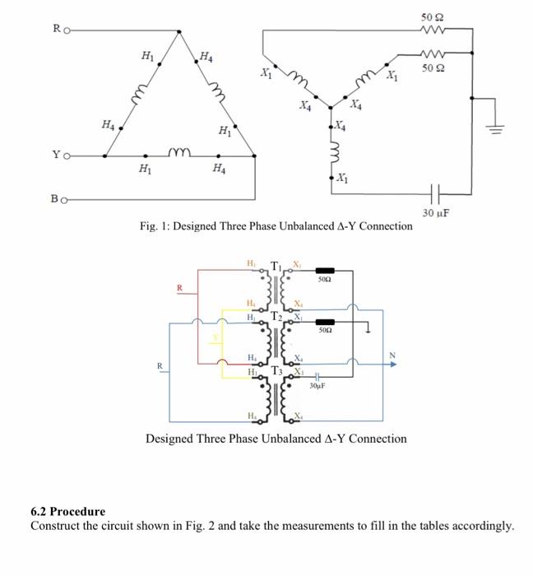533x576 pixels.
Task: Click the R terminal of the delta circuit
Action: coord(67,31)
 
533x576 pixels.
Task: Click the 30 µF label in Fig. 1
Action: coord(435,213)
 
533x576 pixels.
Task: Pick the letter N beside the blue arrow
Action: coord(391,355)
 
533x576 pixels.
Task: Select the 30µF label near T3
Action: coord(319,384)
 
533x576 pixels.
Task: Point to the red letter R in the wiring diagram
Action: coord(180,288)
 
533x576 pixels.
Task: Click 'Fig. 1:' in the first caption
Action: coord(157,225)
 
